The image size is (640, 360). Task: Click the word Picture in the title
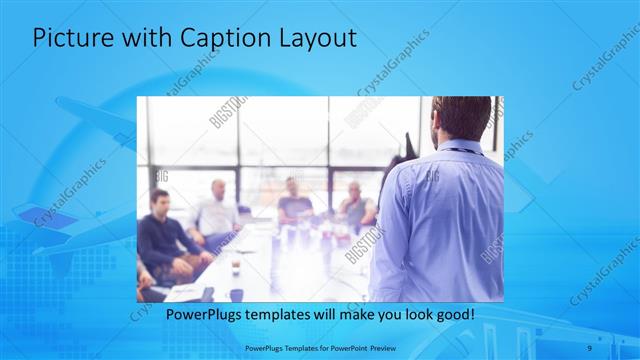[68, 40]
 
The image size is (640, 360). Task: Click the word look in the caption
[429, 315]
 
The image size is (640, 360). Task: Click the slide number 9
[590, 348]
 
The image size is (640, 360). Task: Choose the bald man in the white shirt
[218, 210]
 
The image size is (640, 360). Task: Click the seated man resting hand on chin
[354, 205]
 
